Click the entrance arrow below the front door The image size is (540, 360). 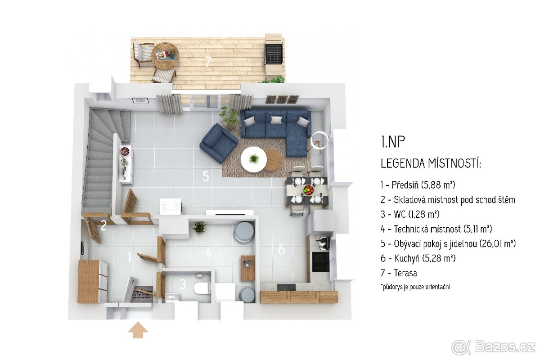(138, 330)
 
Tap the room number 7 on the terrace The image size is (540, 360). (208, 62)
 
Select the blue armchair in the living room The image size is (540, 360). (219, 143)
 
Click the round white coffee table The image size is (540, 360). (254, 159)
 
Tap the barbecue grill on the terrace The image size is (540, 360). (274, 54)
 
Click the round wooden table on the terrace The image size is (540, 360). (165, 56)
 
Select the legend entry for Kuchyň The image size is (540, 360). (418, 258)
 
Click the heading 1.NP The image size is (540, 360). (393, 142)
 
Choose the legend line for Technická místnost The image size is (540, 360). (436, 229)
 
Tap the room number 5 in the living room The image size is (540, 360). (206, 176)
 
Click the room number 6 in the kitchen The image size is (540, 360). (282, 249)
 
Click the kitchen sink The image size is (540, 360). (324, 243)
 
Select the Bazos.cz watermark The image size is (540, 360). (494, 347)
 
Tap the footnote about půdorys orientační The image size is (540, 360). (415, 287)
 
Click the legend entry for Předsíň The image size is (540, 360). (418, 185)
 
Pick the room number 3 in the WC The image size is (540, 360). (183, 284)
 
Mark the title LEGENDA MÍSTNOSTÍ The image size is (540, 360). (431, 163)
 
